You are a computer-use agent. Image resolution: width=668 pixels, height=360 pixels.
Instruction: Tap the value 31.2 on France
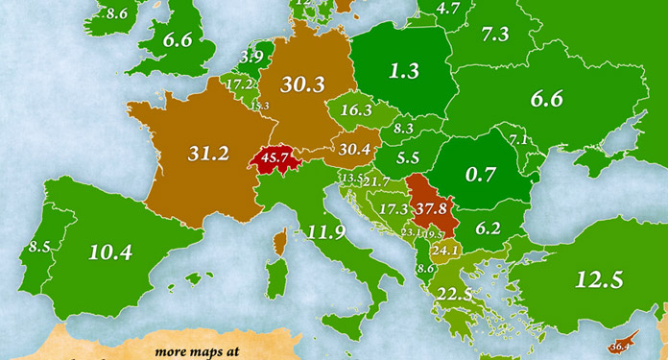click(x=209, y=152)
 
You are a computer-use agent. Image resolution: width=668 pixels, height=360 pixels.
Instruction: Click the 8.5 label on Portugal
click(x=39, y=247)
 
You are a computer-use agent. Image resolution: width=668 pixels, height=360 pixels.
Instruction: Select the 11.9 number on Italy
click(x=326, y=230)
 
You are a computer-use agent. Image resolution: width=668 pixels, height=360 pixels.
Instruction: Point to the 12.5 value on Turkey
click(x=601, y=279)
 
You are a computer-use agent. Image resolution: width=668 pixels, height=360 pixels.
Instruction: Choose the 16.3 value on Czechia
click(x=356, y=110)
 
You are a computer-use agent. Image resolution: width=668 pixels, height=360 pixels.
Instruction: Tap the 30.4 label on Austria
click(x=351, y=148)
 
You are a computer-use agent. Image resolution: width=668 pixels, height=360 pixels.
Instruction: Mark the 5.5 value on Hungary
click(x=407, y=157)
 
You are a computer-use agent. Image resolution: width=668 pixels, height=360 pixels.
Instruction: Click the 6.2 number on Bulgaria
click(x=489, y=228)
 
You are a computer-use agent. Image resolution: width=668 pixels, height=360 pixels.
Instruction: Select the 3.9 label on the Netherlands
click(x=251, y=58)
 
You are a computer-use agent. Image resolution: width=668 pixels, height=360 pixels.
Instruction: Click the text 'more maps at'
click(x=188, y=351)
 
